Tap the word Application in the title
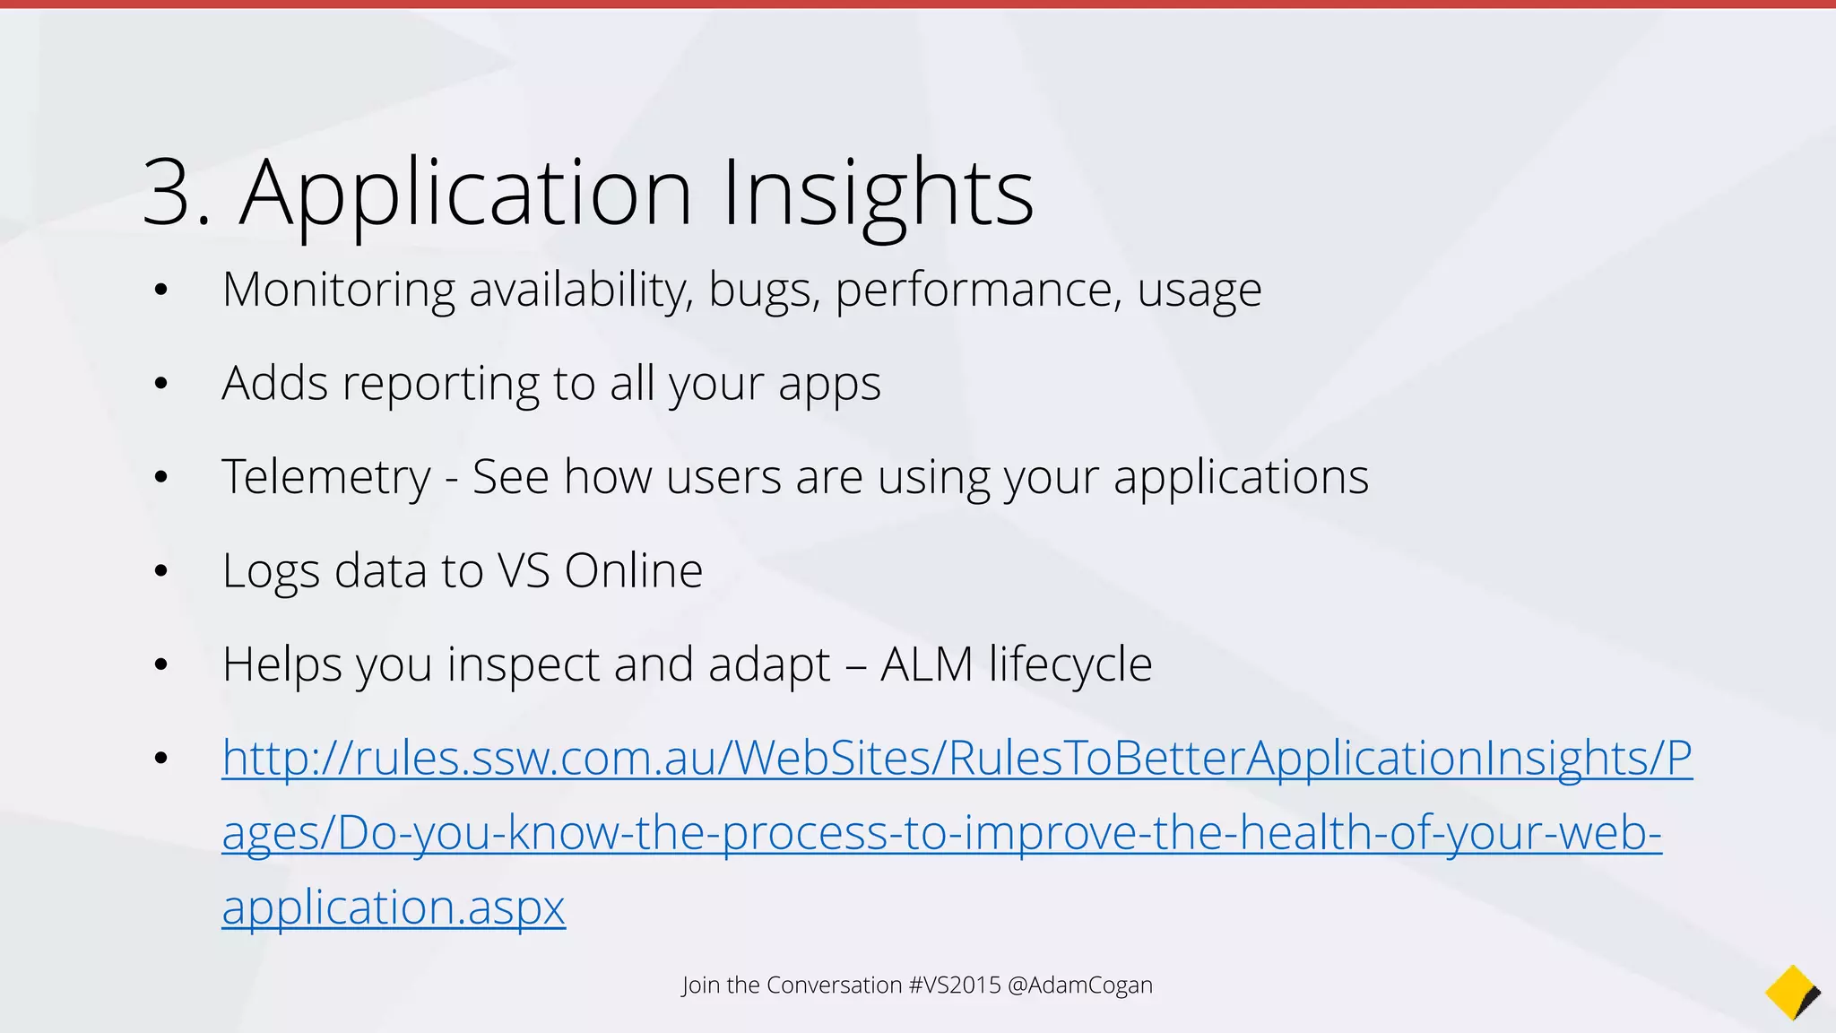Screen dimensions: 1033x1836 [x=465, y=193]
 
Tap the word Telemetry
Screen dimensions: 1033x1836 [x=326, y=477]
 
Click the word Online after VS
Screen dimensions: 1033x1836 [x=633, y=570]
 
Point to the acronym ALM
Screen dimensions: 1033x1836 [x=926, y=664]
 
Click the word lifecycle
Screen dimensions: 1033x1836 [x=1070, y=664]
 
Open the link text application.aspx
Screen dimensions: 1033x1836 [x=394, y=907]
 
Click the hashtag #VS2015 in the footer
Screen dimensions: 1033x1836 [x=954, y=985]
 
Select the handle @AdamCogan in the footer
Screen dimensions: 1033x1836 [x=1079, y=985]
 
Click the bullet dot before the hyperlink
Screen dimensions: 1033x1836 [x=161, y=759]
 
